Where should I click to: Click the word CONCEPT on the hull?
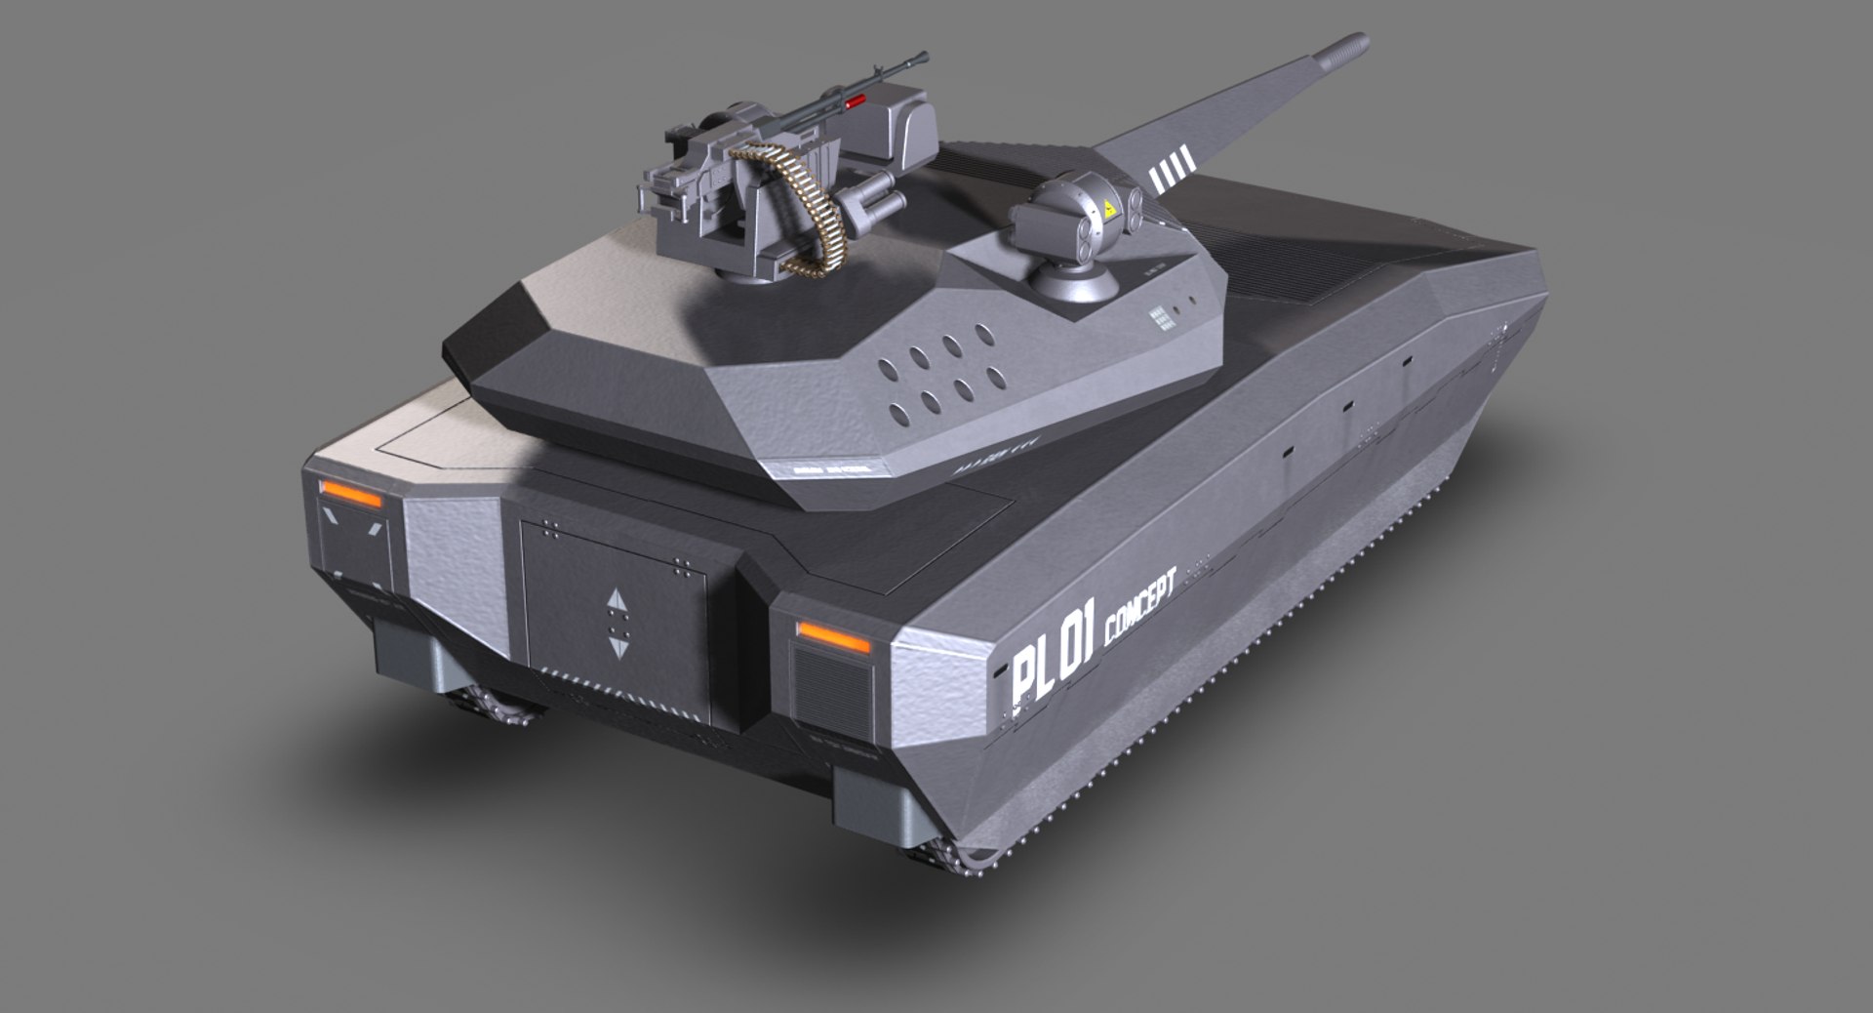coord(1140,609)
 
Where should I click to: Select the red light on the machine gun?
coord(857,102)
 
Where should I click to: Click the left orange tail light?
coord(351,495)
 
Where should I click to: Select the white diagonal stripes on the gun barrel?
coord(1172,168)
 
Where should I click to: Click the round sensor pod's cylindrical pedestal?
coord(1073,278)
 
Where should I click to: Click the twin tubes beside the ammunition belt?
coord(871,200)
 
